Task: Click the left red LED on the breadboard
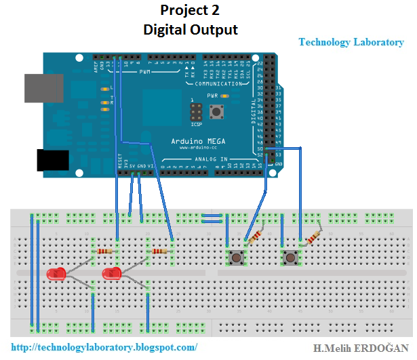click(x=56, y=275)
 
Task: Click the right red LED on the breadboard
click(x=111, y=275)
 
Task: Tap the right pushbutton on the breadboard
click(x=291, y=258)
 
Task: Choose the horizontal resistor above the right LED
click(x=159, y=252)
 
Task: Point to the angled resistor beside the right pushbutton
click(x=313, y=237)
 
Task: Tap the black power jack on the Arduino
click(x=53, y=159)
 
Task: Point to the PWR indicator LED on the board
click(x=224, y=96)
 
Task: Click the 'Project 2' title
click(x=190, y=11)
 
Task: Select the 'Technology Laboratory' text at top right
click(x=351, y=42)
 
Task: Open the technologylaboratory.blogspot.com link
click(x=105, y=347)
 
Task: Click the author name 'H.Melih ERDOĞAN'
click(x=361, y=348)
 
